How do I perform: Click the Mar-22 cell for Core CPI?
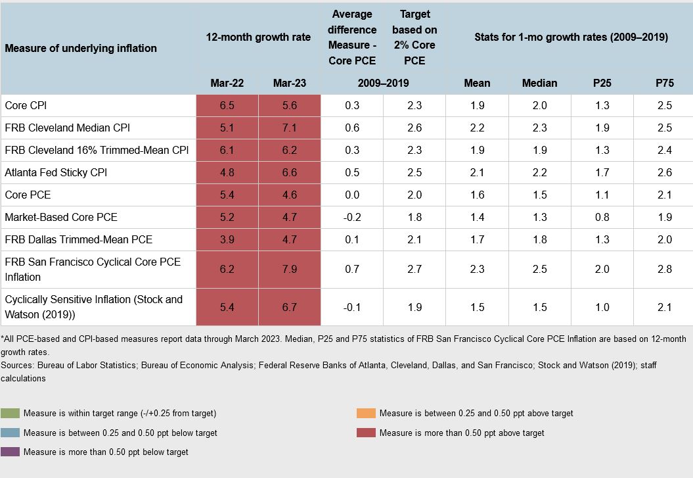(227, 105)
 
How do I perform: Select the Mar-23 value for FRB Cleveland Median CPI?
(289, 128)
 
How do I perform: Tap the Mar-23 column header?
(289, 83)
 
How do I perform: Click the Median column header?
(539, 83)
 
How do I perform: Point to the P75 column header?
(664, 83)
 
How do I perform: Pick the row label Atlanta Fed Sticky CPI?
(56, 172)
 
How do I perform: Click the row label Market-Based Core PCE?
(61, 217)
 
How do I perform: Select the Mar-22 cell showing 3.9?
(227, 239)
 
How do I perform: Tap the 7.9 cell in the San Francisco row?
(289, 269)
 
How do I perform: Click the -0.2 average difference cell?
(351, 217)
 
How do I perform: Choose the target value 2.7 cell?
(414, 269)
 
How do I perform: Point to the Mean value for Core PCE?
(477, 195)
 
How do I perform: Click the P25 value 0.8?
(602, 217)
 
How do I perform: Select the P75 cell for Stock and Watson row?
(664, 307)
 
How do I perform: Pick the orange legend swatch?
(367, 414)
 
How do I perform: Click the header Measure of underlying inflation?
(81, 48)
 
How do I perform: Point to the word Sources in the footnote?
(18, 364)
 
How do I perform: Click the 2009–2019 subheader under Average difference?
(382, 83)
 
